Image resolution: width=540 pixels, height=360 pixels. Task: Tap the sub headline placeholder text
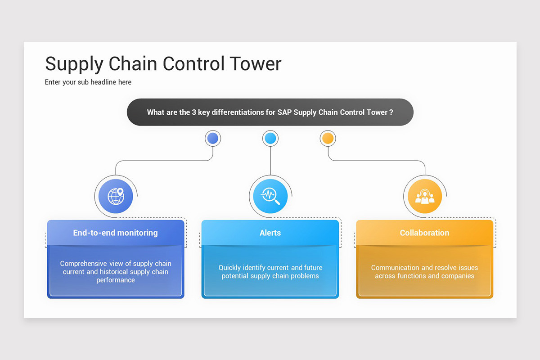tap(88, 82)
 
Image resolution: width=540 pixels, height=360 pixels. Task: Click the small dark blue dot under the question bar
tap(213, 138)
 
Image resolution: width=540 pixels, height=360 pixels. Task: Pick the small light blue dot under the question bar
tap(270, 138)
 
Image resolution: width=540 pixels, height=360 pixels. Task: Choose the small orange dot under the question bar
tap(328, 138)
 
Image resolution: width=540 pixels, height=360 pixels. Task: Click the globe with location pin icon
tap(116, 196)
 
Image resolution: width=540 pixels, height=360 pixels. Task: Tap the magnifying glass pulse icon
tap(270, 196)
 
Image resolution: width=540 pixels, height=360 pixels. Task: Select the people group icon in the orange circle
tap(425, 196)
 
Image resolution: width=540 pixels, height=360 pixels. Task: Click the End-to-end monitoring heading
tap(116, 233)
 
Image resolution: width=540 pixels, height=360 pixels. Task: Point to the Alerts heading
tap(270, 233)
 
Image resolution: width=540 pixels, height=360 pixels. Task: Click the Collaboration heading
tap(425, 233)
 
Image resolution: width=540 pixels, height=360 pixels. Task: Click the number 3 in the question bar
tap(194, 112)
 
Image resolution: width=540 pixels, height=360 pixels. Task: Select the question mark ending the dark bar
tap(391, 112)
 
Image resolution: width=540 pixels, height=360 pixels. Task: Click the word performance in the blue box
tap(116, 280)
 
